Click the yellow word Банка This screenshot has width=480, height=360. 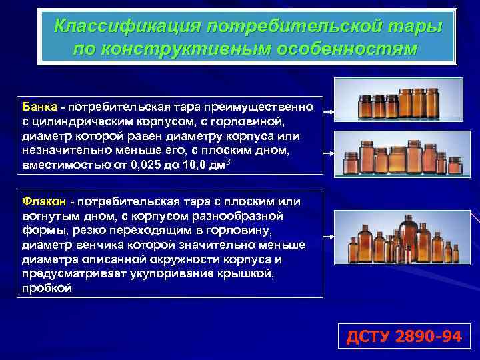pos(39,107)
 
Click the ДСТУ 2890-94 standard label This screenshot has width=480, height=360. pos(403,337)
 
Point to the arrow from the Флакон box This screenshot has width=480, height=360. pos(328,236)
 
